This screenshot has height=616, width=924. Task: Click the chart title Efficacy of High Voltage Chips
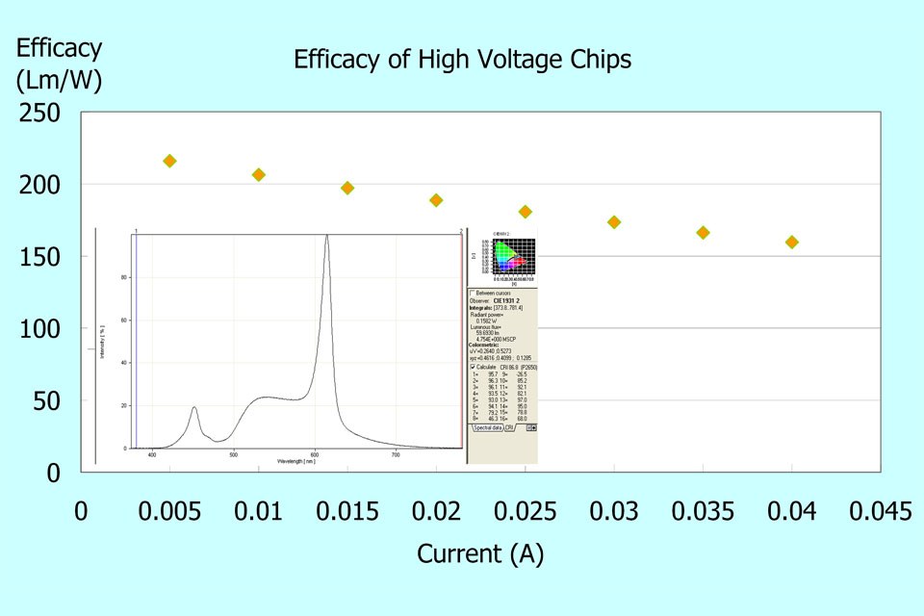462,60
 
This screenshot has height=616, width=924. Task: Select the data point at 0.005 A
169,161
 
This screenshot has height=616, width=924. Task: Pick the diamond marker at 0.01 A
258,174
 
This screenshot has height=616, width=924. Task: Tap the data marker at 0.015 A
347,188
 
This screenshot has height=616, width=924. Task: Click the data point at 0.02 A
436,200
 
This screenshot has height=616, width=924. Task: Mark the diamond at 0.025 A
525,212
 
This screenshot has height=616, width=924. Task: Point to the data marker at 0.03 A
614,222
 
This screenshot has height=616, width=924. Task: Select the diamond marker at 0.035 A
703,233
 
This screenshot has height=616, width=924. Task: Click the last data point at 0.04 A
792,243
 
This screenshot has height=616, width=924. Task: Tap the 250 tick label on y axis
40,113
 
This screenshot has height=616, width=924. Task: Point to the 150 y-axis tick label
40,257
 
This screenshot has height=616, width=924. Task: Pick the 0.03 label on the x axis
614,511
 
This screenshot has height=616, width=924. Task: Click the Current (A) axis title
480,554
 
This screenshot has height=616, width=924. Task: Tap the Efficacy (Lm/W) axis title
59,64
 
